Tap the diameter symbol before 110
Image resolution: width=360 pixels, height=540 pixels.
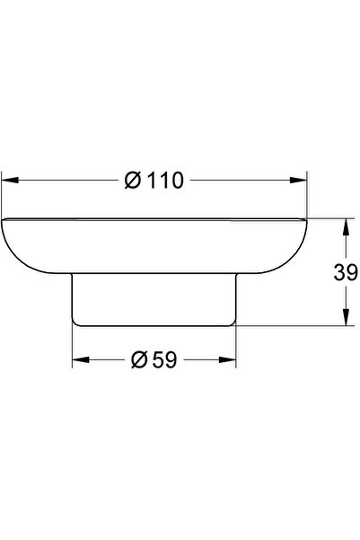coord(131,181)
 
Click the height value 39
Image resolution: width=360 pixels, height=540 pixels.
coord(347,272)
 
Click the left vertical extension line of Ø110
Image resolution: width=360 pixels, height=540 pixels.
coord(2,193)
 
